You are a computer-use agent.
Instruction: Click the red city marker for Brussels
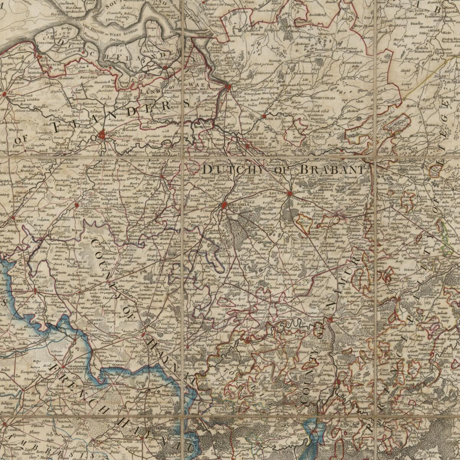(x=225, y=206)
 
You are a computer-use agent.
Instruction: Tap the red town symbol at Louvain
(x=290, y=194)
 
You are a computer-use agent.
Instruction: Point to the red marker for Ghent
(x=102, y=135)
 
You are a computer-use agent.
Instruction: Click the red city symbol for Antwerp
(x=229, y=87)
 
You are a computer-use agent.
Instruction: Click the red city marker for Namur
(x=330, y=319)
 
